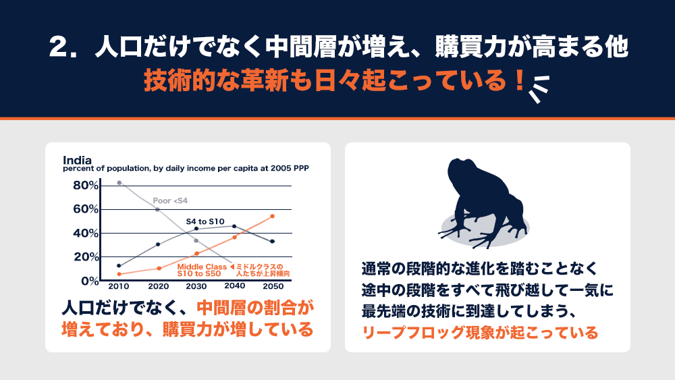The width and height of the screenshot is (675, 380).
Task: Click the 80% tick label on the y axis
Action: point(86,186)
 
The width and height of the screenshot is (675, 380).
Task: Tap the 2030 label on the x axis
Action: point(196,286)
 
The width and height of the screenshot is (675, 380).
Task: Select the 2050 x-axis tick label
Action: point(273,286)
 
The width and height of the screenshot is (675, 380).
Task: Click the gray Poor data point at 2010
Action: point(119,183)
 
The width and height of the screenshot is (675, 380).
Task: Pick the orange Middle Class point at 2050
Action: point(273,217)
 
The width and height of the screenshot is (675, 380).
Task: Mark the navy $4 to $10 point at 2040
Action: point(234,226)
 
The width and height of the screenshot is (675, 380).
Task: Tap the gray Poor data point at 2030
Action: point(196,240)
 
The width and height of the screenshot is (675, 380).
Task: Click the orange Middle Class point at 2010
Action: point(119,274)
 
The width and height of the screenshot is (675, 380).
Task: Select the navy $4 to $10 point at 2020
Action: point(158,244)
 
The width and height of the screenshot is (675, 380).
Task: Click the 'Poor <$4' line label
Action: point(170,200)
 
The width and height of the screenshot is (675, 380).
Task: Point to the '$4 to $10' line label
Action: point(205,221)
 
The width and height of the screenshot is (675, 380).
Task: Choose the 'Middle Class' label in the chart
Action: point(201,267)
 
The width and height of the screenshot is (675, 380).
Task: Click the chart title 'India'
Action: point(77,160)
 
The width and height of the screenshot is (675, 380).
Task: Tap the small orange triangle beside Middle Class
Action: point(232,267)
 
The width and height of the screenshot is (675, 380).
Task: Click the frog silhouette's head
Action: point(463,169)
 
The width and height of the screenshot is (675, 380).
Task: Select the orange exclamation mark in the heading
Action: point(520,80)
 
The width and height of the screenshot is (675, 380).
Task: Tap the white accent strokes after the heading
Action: point(539,89)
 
